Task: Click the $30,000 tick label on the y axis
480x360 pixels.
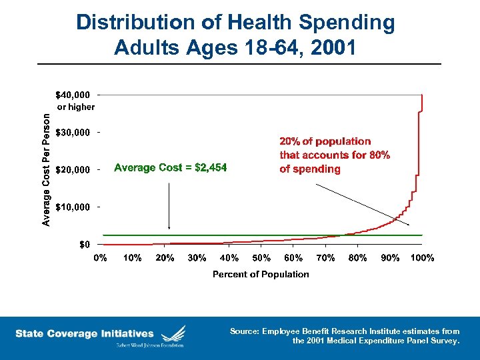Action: pyautogui.click(x=73, y=133)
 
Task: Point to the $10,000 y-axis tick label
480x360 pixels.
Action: pyautogui.click(x=73, y=207)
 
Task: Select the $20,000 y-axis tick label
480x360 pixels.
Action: pyautogui.click(x=73, y=170)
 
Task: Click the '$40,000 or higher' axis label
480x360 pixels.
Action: pyautogui.click(x=75, y=100)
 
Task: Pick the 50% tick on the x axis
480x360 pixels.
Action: pyautogui.click(x=261, y=258)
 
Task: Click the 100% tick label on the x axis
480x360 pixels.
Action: pyautogui.click(x=421, y=258)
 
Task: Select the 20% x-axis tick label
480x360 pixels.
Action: pyautogui.click(x=165, y=258)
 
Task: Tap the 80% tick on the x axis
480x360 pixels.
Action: pyautogui.click(x=358, y=258)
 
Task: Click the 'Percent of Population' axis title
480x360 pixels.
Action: pyautogui.click(x=261, y=274)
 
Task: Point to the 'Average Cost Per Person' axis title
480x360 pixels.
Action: pyautogui.click(x=46, y=169)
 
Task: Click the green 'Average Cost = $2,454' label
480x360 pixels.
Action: pyautogui.click(x=171, y=168)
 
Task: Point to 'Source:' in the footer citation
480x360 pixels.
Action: pyautogui.click(x=244, y=331)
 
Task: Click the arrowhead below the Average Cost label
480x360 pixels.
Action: pyautogui.click(x=169, y=227)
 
